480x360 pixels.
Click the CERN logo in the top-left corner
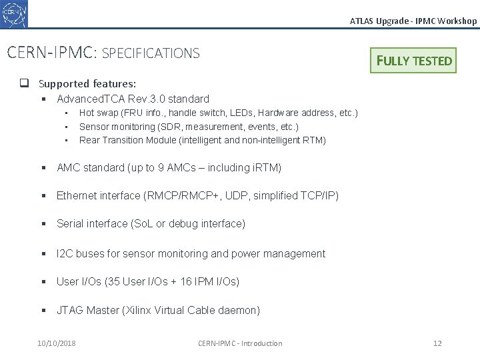(15, 13)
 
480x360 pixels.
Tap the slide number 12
(437, 343)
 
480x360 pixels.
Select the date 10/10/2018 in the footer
(57, 343)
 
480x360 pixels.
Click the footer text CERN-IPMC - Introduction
(240, 343)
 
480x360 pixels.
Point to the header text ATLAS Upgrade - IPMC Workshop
(413, 21)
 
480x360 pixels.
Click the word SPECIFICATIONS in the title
(151, 53)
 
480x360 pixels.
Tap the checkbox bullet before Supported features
(23, 84)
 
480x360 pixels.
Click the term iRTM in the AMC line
(267, 168)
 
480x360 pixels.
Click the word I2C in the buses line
(65, 254)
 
